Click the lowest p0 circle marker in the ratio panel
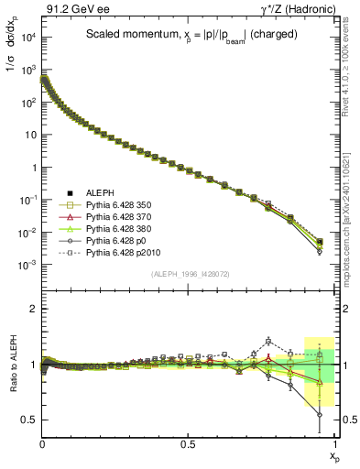click(x=320, y=415)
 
